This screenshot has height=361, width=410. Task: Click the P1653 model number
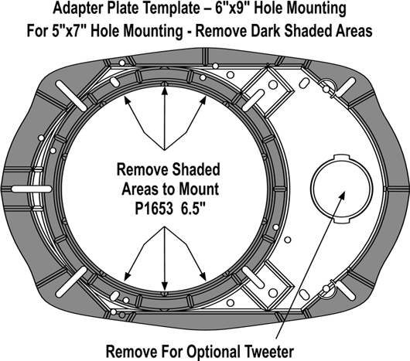(154, 209)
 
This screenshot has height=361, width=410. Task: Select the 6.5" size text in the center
(192, 208)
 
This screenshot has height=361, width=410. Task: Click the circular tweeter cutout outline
(311, 188)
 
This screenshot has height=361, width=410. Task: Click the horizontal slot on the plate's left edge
(32, 189)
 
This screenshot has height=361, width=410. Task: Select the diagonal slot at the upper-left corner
(71, 95)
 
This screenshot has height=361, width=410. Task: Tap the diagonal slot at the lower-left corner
(71, 281)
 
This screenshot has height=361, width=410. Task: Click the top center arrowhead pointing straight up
(165, 91)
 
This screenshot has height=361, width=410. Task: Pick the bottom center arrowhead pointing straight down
(165, 286)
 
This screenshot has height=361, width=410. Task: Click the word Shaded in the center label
(196, 169)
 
